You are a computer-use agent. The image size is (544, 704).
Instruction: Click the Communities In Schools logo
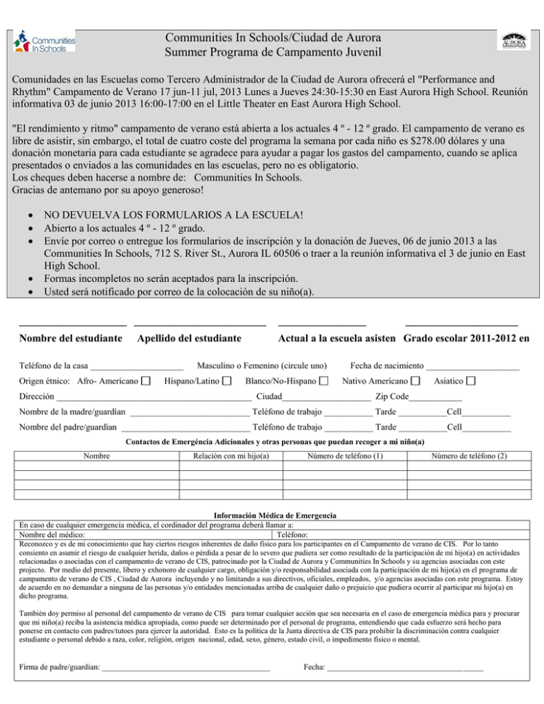pyautogui.click(x=45, y=43)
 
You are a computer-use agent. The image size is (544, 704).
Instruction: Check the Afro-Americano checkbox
pyautogui.click(x=145, y=382)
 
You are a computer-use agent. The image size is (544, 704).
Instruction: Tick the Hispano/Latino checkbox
pyautogui.click(x=226, y=382)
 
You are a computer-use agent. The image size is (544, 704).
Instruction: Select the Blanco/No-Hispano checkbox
pyautogui.click(x=323, y=382)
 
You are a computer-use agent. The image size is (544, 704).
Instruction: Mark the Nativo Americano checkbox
pyautogui.click(x=416, y=382)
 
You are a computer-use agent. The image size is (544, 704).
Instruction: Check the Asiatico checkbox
pyautogui.click(x=471, y=382)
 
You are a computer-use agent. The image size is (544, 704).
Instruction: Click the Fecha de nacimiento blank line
pyautogui.click(x=472, y=368)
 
